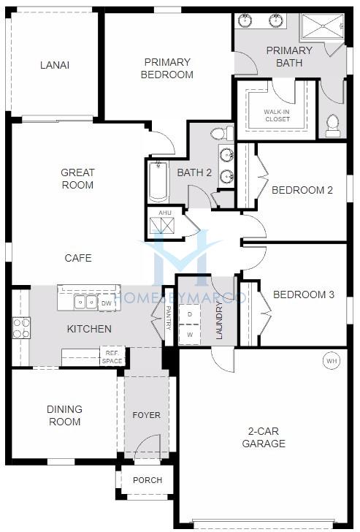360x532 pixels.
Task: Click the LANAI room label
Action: [x=55, y=65]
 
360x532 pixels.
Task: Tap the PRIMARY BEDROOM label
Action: [x=168, y=68]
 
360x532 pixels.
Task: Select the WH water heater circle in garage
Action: [x=331, y=360]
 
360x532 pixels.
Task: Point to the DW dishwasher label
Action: [x=106, y=303]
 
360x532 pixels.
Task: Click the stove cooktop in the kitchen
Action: [x=21, y=328]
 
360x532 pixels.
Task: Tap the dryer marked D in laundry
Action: [x=190, y=314]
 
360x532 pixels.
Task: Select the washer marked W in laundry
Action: [x=190, y=335]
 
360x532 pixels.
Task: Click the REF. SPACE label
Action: [x=112, y=357]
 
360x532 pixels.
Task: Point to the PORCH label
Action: [x=147, y=480]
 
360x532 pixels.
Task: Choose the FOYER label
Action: [x=146, y=415]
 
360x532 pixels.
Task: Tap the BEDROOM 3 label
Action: [x=304, y=294]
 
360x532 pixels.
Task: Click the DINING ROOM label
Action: [x=64, y=415]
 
